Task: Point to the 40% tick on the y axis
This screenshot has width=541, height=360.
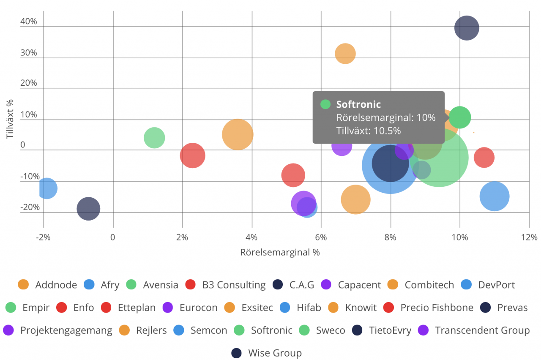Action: (29, 22)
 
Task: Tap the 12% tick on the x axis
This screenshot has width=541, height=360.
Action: (529, 237)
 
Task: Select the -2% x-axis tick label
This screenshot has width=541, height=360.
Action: (44, 237)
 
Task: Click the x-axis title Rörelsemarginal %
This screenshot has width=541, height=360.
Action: (280, 253)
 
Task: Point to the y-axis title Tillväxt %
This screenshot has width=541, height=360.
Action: (10, 119)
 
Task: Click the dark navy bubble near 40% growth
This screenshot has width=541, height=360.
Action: (467, 28)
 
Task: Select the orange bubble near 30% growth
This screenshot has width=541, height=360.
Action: (345, 54)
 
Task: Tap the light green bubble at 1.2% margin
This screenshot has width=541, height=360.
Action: (154, 138)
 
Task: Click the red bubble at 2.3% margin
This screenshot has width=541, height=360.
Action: (193, 155)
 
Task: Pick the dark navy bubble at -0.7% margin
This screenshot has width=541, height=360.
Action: (88, 209)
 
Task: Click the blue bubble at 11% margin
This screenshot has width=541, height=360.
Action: (495, 196)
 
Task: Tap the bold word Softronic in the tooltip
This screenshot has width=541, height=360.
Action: (358, 104)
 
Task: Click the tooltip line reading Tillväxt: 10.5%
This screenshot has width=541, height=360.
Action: (368, 131)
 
